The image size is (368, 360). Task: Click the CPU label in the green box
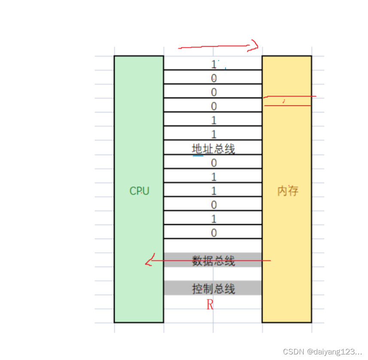tap(139, 191)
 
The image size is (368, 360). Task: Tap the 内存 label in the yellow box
tap(287, 191)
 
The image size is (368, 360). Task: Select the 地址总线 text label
tap(213, 149)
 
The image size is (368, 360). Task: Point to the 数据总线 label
tap(213, 261)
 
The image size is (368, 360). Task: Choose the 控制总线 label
tap(213, 289)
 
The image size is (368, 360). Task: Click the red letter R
tap(210, 305)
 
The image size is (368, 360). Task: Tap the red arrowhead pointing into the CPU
tap(149, 260)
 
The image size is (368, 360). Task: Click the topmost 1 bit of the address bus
tap(213, 64)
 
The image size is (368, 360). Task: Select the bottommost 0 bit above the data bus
tap(214, 233)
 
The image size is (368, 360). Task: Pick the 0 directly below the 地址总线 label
tap(214, 163)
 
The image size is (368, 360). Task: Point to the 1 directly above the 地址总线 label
tap(214, 135)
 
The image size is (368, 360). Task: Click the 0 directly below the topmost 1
tap(214, 79)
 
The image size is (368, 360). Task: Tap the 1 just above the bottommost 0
tap(214, 219)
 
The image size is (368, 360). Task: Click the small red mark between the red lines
tap(284, 101)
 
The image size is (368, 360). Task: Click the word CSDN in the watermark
tap(293, 351)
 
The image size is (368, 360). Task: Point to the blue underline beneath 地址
tap(198, 155)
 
